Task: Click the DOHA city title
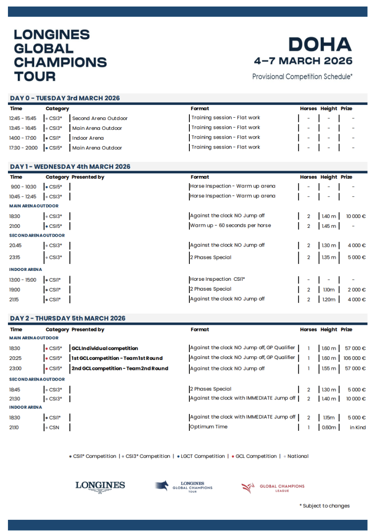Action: point(320,45)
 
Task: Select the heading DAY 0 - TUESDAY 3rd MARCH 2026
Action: point(65,98)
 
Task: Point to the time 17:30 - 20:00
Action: point(23,148)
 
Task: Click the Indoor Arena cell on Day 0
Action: point(88,138)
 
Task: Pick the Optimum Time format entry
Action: point(209,427)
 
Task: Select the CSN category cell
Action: point(54,427)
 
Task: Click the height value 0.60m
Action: point(328,427)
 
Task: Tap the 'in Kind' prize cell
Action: point(358,427)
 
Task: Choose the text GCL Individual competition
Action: point(105,349)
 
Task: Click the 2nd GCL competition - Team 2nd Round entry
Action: point(120,368)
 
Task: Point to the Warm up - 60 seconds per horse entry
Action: point(230,225)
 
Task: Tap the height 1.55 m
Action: point(329,368)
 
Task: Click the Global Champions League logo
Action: point(273,488)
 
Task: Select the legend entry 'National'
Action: point(298,456)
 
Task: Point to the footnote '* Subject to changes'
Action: point(324,506)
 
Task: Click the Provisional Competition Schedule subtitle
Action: point(302,76)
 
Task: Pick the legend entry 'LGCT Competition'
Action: point(203,456)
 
